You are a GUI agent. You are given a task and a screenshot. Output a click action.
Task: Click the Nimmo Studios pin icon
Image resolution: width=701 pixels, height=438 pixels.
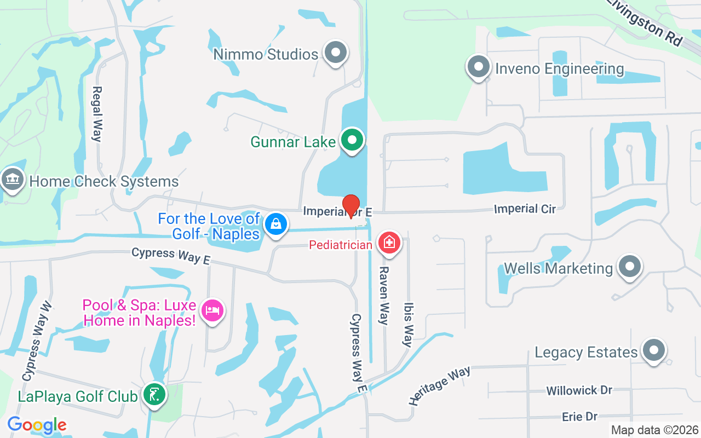pyautogui.click(x=335, y=53)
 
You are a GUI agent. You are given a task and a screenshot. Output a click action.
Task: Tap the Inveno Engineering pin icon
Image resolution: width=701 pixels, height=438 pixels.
pyautogui.click(x=478, y=67)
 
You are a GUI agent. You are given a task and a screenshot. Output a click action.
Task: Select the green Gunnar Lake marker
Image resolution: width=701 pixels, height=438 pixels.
pyautogui.click(x=353, y=140)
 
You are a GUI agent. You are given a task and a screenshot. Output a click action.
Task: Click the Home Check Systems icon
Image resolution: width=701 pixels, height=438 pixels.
pyautogui.click(x=12, y=180)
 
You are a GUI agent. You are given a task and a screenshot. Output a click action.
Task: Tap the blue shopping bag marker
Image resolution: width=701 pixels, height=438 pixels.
pyautogui.click(x=276, y=224)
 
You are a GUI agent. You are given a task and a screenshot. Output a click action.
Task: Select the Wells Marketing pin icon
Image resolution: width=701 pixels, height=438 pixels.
pyautogui.click(x=629, y=267)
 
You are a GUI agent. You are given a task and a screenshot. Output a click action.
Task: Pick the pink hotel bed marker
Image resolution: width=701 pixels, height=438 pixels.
pyautogui.click(x=212, y=311)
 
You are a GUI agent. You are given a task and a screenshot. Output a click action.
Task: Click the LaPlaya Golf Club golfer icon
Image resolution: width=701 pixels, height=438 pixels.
pyautogui.click(x=154, y=395)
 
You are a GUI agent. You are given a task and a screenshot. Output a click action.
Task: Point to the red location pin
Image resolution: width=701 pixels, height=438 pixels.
pyautogui.click(x=350, y=205)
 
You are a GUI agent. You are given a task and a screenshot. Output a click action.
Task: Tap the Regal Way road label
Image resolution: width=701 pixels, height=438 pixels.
pyautogui.click(x=97, y=114)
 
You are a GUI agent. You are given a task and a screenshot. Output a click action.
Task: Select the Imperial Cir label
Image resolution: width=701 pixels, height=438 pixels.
pyautogui.click(x=525, y=209)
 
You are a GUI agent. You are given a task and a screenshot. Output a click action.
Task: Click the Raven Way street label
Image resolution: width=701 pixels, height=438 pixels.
pyautogui.click(x=384, y=296)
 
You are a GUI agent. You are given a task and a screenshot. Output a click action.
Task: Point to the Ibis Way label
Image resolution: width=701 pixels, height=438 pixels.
pyautogui.click(x=408, y=325)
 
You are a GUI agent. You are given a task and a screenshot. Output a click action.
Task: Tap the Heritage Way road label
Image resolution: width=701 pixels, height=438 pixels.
pyautogui.click(x=439, y=385)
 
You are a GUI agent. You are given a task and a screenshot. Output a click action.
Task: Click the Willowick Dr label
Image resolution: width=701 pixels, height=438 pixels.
pyautogui.click(x=579, y=390)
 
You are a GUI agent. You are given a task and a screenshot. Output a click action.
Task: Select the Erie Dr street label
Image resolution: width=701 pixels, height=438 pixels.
pyautogui.click(x=579, y=417)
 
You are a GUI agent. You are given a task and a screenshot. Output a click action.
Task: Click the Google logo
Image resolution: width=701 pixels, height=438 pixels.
pyautogui.click(x=37, y=425)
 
